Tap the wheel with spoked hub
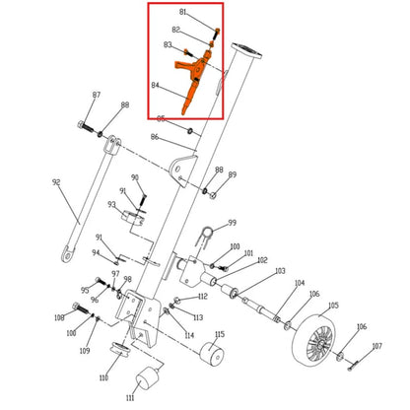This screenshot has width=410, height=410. pos(317,340)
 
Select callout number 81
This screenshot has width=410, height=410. pos(182,12)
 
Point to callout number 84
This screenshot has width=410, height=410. pos(155,86)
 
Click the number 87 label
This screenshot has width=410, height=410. pos(97,95)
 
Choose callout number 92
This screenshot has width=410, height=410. pos(56,182)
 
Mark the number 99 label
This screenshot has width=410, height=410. pos(233,223)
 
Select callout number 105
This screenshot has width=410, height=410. pos(333,306)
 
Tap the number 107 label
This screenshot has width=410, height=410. pos(376,346)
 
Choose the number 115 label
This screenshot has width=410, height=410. pos(220,335)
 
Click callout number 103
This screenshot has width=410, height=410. pos(280,271)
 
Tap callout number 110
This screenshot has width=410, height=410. pos(103,378)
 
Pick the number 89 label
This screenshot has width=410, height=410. pos(233,174)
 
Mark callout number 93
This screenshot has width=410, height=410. pos(111,204)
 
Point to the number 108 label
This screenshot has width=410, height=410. pos(60,317)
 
